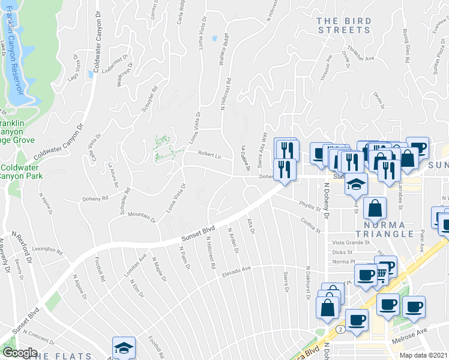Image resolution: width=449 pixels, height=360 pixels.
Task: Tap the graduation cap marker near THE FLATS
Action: pos(124,347)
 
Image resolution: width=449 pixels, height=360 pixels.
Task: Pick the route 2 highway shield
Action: pos(341,329)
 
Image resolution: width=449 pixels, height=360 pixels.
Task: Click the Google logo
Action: pos(20,353)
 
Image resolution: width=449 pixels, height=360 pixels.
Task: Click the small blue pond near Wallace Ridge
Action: pos(214,39)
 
